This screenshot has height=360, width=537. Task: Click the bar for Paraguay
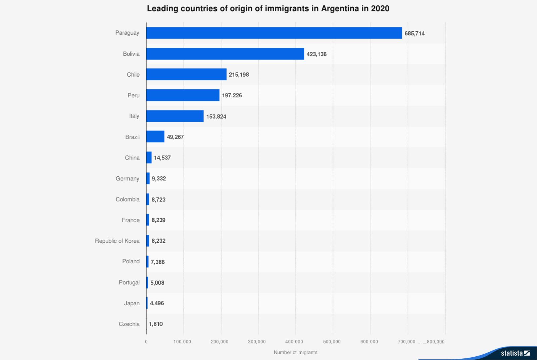(x=274, y=33)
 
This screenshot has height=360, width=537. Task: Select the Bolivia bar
(x=225, y=54)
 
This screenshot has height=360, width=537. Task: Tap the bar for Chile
(x=186, y=74)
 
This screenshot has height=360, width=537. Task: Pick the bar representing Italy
(x=175, y=116)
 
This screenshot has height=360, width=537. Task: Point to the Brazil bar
(x=155, y=137)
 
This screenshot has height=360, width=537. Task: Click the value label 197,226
(x=232, y=95)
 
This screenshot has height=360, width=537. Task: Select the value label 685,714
(x=414, y=33)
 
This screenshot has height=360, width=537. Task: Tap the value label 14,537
(x=162, y=157)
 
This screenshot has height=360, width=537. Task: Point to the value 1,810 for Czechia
(x=156, y=324)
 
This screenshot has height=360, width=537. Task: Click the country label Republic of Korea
(x=117, y=241)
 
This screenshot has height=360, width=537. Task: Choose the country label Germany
(x=127, y=178)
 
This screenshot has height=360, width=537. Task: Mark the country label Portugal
(x=129, y=282)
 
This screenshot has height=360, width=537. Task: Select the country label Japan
(x=132, y=303)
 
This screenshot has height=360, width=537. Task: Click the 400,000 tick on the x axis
(x=294, y=342)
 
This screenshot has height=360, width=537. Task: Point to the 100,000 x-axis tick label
(x=182, y=342)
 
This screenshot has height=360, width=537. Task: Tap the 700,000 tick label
(x=406, y=342)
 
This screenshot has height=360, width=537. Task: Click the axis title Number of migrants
(x=295, y=352)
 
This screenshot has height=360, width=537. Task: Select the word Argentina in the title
(x=340, y=8)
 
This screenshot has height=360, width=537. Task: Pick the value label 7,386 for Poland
(x=157, y=262)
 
